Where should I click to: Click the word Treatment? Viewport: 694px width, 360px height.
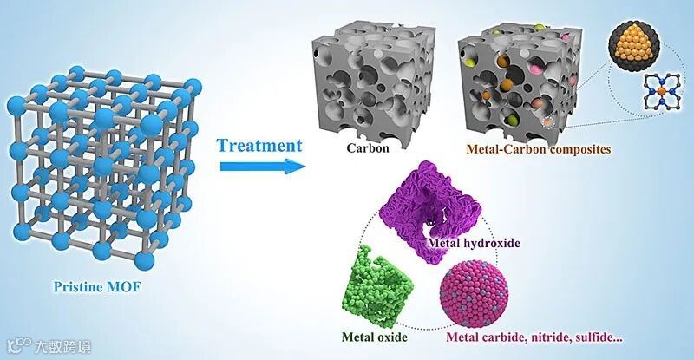point(260,144)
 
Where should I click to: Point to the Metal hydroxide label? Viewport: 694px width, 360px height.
point(474,244)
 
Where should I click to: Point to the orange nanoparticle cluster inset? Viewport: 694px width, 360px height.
point(659,39)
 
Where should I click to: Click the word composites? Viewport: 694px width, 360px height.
point(554,149)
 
